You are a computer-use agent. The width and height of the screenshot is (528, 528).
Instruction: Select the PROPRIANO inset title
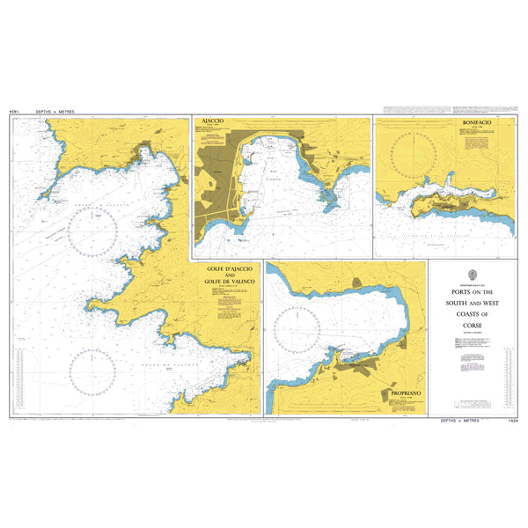[398, 395]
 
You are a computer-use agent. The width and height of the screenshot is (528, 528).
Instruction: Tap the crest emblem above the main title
[473, 274]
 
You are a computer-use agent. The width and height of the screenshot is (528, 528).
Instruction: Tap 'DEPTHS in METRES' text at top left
[55, 113]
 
